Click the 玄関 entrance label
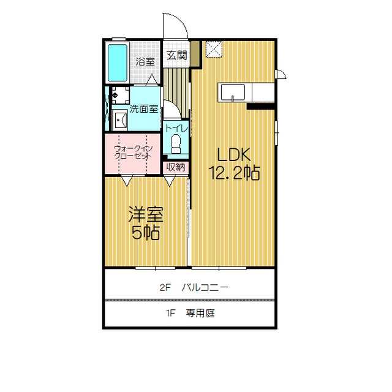(x=177, y=55)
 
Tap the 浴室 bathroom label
(x=145, y=62)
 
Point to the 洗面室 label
(x=144, y=109)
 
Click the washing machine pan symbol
(x=121, y=95)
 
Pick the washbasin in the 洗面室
(x=120, y=120)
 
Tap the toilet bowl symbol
(x=176, y=143)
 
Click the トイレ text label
(x=176, y=129)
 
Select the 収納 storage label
(x=176, y=167)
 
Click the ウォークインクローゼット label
(x=133, y=153)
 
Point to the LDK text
(x=234, y=155)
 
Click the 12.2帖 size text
(x=234, y=173)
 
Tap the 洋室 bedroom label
(x=146, y=214)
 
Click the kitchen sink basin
(x=233, y=92)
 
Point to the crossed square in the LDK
(x=214, y=49)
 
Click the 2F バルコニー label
(x=194, y=287)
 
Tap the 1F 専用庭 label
(x=190, y=313)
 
